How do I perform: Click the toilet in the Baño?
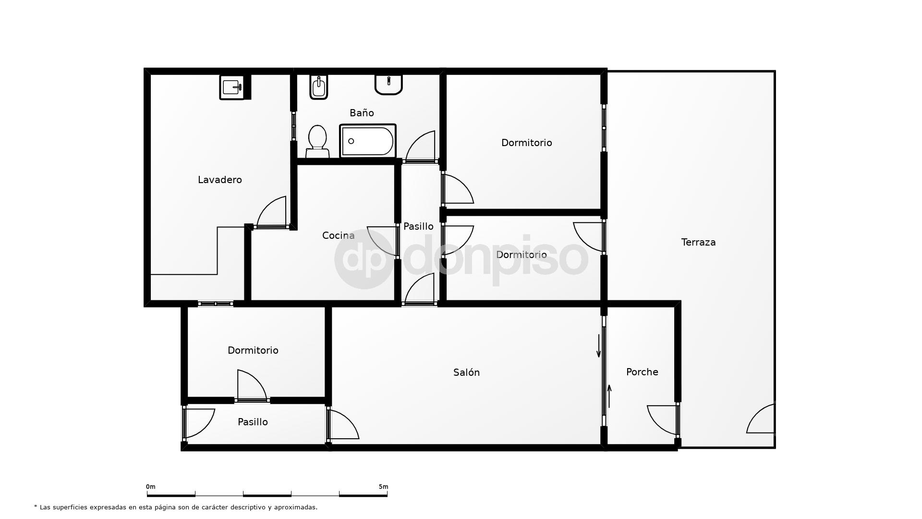point(317,140)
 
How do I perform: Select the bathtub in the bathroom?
point(368,141)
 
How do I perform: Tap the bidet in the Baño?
point(318,87)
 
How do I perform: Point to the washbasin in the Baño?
point(388,84)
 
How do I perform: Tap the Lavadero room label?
point(220,180)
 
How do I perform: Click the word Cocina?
point(338,235)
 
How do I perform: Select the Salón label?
point(466,372)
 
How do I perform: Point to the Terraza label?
point(698,242)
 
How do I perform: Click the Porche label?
point(642,372)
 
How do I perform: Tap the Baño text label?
point(362,113)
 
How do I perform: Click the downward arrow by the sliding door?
point(598,346)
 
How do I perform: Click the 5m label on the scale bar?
point(383,487)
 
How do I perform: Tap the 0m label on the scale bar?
point(151,487)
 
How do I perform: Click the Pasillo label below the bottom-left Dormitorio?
point(253,422)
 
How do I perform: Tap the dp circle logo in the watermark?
point(364,259)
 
